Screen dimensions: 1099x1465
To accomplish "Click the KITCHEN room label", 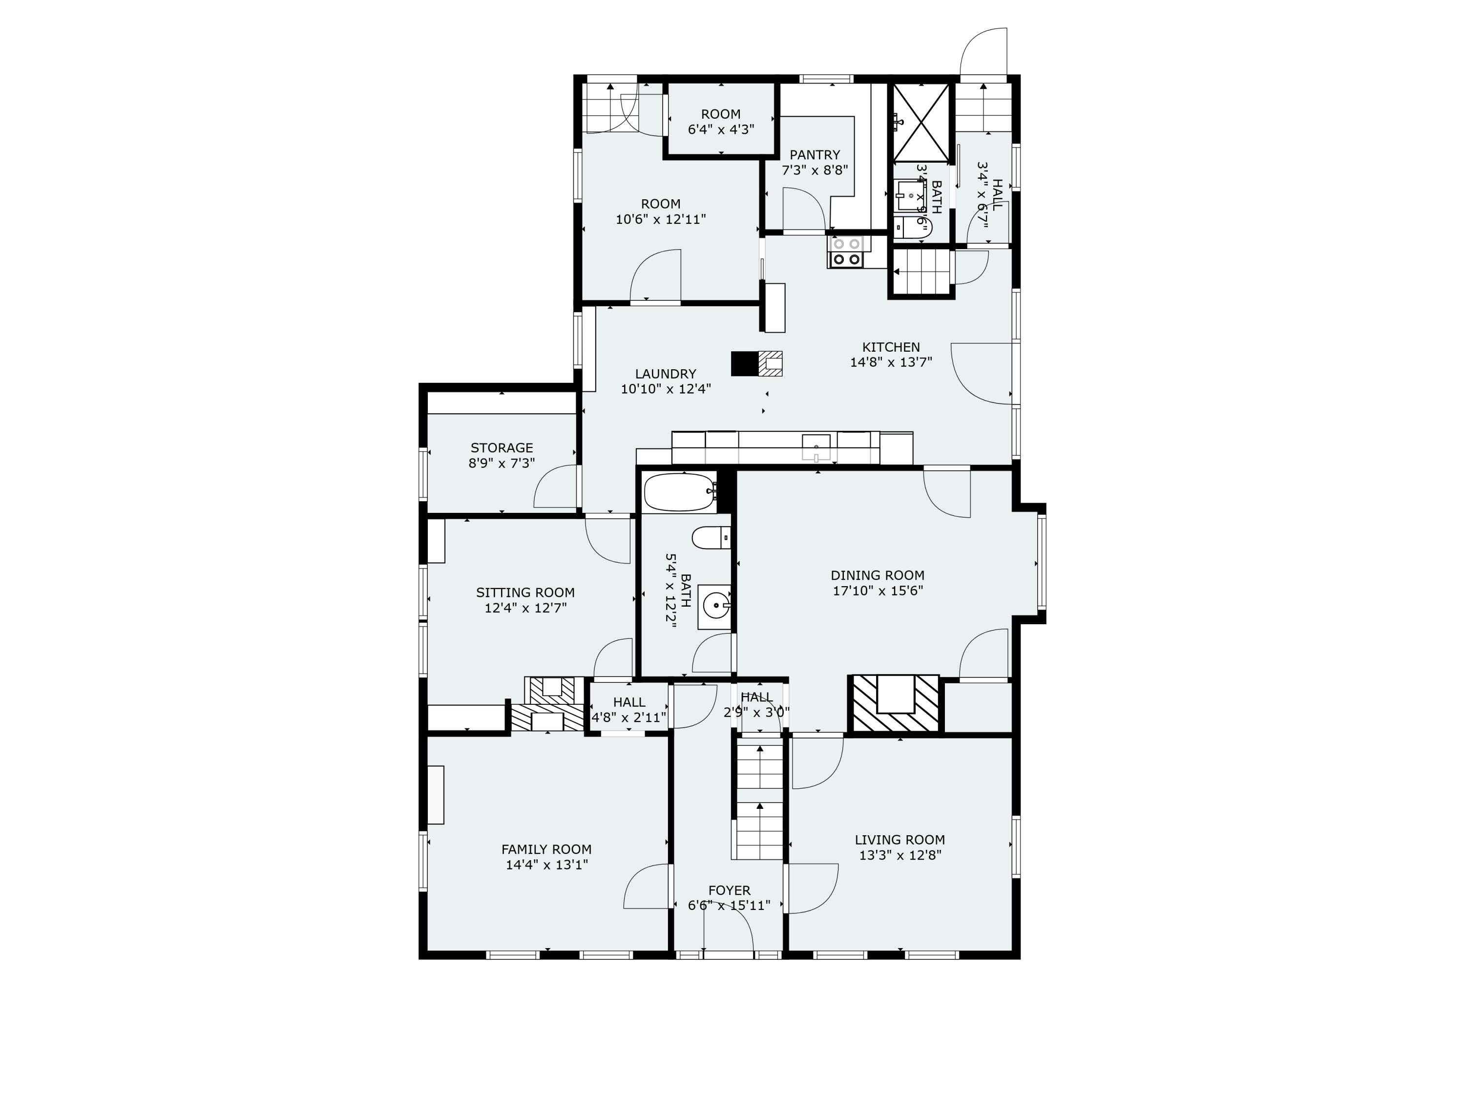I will [891, 347].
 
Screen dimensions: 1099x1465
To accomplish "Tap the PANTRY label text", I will [815, 155].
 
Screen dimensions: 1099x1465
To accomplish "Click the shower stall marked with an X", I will [921, 122].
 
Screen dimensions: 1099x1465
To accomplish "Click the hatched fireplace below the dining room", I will [895, 703].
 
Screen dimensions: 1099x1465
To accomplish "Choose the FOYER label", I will [729, 891].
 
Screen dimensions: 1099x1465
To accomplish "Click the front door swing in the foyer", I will [729, 931].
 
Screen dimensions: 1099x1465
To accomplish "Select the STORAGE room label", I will [502, 448].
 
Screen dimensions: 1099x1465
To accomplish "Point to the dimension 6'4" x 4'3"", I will [721, 130].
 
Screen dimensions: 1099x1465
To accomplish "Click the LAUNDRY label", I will [665, 374].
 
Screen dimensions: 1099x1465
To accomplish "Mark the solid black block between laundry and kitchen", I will [744, 364].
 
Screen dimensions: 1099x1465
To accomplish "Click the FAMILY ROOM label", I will [546, 849].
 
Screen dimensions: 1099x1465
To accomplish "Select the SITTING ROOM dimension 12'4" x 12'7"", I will [525, 608].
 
